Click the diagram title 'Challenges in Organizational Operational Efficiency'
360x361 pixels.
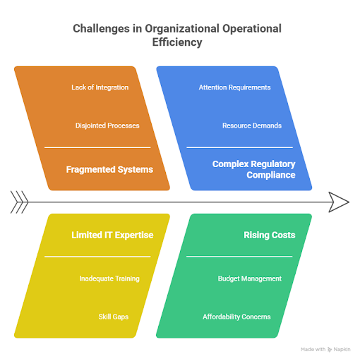click(177, 35)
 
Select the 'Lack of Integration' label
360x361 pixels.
click(100, 87)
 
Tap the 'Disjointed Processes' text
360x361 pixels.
click(107, 126)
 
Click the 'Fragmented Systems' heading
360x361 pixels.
click(109, 169)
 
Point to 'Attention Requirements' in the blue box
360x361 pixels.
click(234, 87)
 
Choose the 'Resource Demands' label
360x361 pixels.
click(252, 126)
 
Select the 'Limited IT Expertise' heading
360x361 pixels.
click(112, 235)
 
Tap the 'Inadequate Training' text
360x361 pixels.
click(109, 279)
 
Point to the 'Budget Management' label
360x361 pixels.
click(249, 279)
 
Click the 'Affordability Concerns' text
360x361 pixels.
click(236, 317)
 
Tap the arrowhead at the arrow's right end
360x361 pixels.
click(340, 202)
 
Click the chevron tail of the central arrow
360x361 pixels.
click(19, 202)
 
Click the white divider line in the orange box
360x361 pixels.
click(97, 147)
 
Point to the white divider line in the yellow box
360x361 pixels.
click(97, 257)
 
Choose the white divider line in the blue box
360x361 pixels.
click(240, 147)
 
